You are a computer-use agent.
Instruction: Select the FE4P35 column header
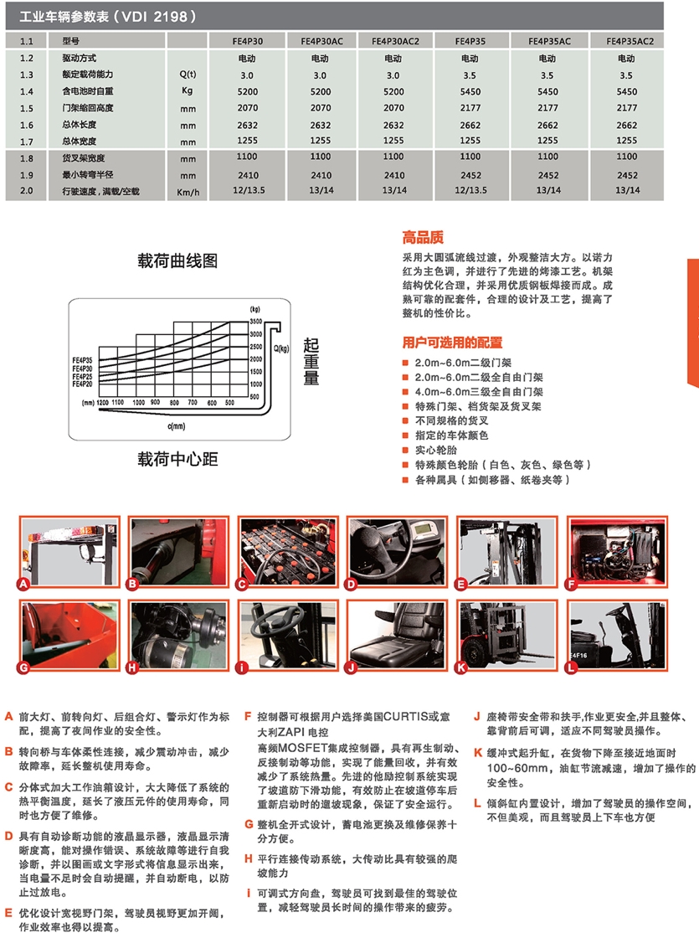[470, 41]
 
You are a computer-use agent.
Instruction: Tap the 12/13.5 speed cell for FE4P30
[249, 190]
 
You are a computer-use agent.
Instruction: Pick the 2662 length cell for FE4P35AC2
[627, 125]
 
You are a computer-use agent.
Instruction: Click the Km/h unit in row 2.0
[188, 192]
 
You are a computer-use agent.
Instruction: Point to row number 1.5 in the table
[26, 108]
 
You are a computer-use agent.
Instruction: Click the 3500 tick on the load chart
[255, 322]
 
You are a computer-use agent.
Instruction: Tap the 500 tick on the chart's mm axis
[229, 403]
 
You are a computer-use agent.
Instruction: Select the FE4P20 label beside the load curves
[83, 384]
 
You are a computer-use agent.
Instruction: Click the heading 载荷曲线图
[177, 260]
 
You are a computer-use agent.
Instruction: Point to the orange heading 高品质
[423, 237]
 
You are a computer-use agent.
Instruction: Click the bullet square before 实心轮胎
[405, 451]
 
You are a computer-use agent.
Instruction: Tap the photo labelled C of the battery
[289, 552]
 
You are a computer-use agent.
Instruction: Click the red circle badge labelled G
[23, 668]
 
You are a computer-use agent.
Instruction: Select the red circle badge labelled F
[571, 585]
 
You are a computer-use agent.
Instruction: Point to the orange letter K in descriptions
[478, 753]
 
